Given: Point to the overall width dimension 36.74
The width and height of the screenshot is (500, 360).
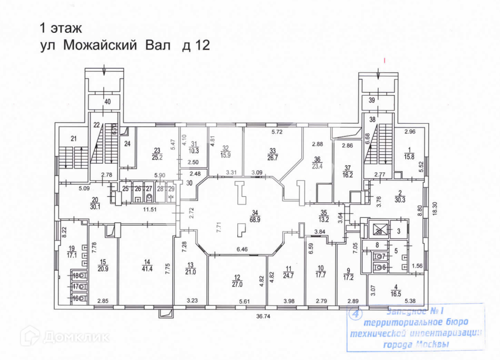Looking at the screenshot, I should (262, 317).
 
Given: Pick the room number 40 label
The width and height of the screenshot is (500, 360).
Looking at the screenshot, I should (107, 102).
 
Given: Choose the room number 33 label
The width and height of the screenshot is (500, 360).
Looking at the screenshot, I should (273, 151).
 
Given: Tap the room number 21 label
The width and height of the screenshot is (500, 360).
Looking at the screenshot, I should (74, 139).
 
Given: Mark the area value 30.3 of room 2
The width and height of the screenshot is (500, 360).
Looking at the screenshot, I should (398, 201).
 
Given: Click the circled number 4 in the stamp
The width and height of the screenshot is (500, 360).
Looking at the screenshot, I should (354, 313).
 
